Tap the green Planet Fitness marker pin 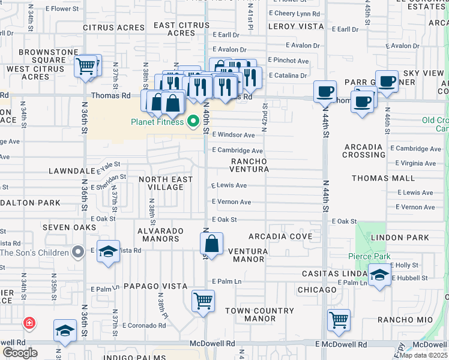(193, 122)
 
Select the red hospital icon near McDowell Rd (28, 323)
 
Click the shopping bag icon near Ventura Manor (212, 244)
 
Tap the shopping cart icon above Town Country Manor (203, 301)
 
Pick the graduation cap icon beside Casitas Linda (379, 275)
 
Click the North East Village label (166, 183)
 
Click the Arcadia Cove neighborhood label (280, 236)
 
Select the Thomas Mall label (383, 178)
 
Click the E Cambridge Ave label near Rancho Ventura (237, 151)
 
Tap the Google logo (20, 352)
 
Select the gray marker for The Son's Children (77, 252)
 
